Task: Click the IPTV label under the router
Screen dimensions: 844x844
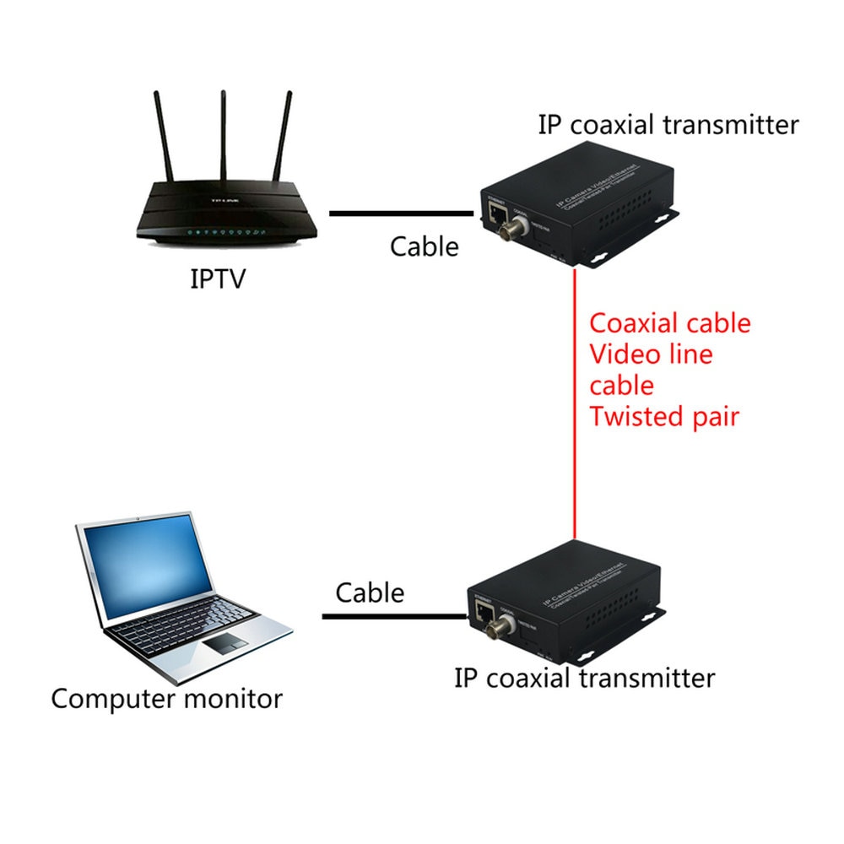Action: [217, 278]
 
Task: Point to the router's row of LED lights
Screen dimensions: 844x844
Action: [226, 231]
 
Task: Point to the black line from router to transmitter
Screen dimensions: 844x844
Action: [401, 214]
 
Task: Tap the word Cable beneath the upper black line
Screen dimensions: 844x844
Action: [424, 246]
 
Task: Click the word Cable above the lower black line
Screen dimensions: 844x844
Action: [370, 592]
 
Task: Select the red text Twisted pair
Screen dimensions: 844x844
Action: [664, 416]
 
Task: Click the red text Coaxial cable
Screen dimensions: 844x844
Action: [669, 323]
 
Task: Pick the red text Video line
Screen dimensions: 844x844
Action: [651, 354]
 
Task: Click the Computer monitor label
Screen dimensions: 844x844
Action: [167, 699]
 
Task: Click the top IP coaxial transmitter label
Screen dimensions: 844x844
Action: [668, 125]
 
